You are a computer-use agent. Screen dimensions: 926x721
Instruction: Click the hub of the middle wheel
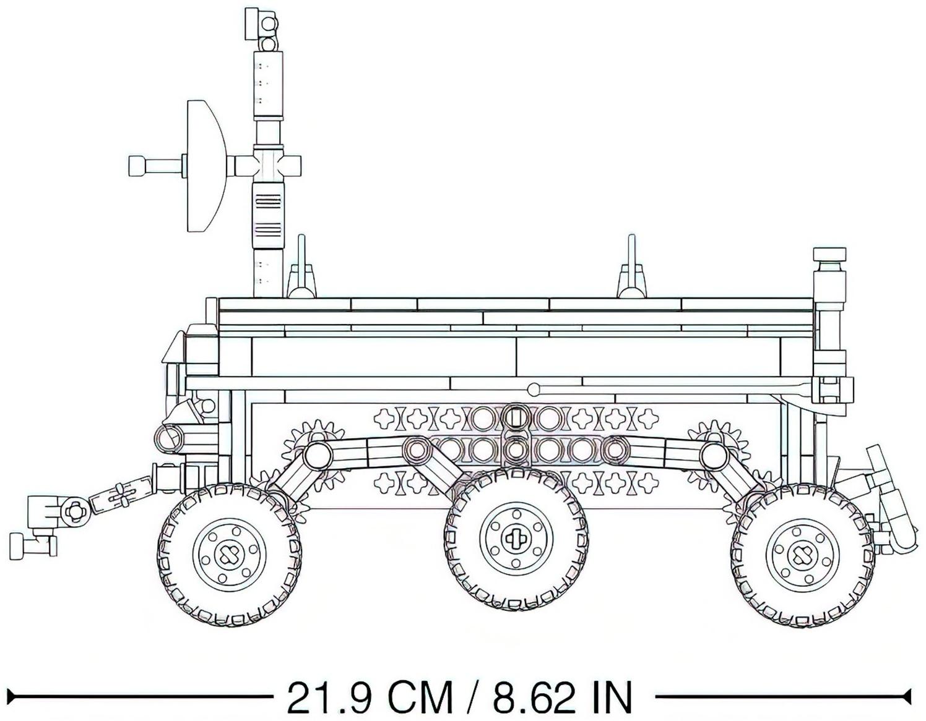point(516,539)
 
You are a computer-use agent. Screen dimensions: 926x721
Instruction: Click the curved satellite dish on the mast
point(206,166)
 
